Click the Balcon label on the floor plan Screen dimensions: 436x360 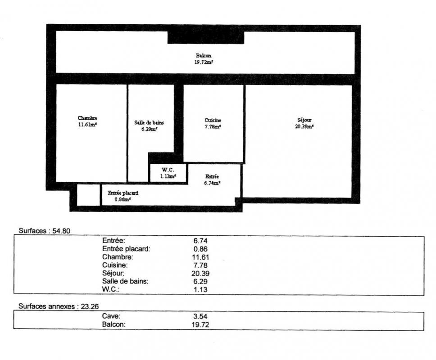click(203, 55)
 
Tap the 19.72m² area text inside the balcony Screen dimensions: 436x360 click(204, 62)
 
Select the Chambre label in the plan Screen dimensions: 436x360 click(87, 118)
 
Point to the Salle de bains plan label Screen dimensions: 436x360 click(149, 122)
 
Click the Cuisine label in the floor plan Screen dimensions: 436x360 click(213, 120)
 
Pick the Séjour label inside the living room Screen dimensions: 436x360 click(304, 120)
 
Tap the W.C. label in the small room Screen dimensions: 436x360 click(168, 170)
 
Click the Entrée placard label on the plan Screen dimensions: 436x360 click(123, 193)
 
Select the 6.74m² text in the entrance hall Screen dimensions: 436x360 click(213, 183)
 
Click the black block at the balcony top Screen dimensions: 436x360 click(206, 37)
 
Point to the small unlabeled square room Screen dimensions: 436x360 click(88, 195)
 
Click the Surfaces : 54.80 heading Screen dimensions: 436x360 click(45, 231)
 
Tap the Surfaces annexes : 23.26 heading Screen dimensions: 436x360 click(59, 306)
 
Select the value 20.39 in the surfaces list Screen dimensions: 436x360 click(200, 274)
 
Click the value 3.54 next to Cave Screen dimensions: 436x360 click(200, 316)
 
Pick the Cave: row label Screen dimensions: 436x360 click(111, 316)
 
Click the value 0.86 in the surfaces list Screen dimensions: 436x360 click(200, 249)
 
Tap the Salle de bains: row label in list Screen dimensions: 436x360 click(125, 281)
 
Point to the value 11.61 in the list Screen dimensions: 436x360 click(200, 257)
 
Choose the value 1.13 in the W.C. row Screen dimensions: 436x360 click(200, 290)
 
